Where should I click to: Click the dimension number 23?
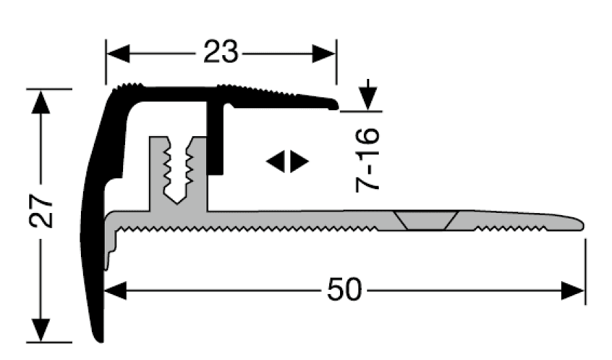coord(220,52)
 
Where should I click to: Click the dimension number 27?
coord(41,210)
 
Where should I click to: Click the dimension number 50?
coord(345,290)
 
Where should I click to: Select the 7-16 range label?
coord(367,160)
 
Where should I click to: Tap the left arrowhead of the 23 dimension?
coord(118,54)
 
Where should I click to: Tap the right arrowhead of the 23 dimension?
coord(324,54)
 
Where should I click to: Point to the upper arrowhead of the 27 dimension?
coord(41,101)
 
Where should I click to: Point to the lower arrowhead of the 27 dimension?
coord(41,330)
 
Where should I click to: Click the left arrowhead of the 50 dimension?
coord(116,291)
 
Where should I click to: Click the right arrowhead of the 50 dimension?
coord(573,291)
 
